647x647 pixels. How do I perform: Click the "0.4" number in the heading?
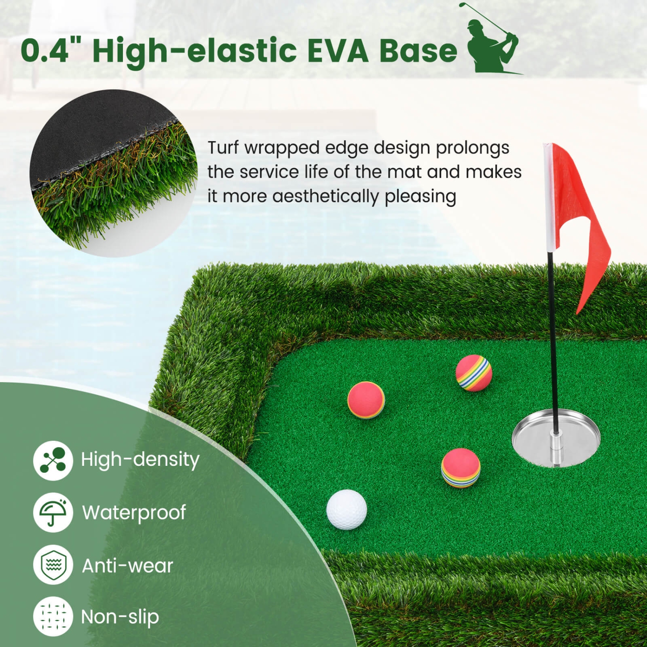(45, 50)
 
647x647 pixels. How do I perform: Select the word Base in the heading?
(418, 50)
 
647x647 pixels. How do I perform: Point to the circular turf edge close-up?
(113, 173)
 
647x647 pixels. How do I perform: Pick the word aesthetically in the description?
(325, 196)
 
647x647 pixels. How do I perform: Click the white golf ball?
(346, 509)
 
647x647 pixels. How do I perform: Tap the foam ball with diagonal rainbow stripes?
(474, 373)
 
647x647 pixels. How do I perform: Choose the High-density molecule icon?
(53, 460)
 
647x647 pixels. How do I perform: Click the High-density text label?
(140, 459)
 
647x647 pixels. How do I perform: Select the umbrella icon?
(53, 512)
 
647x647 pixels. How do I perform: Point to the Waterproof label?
(134, 513)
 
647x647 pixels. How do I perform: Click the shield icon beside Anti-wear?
(53, 565)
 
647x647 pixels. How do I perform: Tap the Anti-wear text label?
(127, 566)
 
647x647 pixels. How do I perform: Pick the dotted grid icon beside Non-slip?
(53, 616)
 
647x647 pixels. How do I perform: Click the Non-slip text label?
(120, 617)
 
